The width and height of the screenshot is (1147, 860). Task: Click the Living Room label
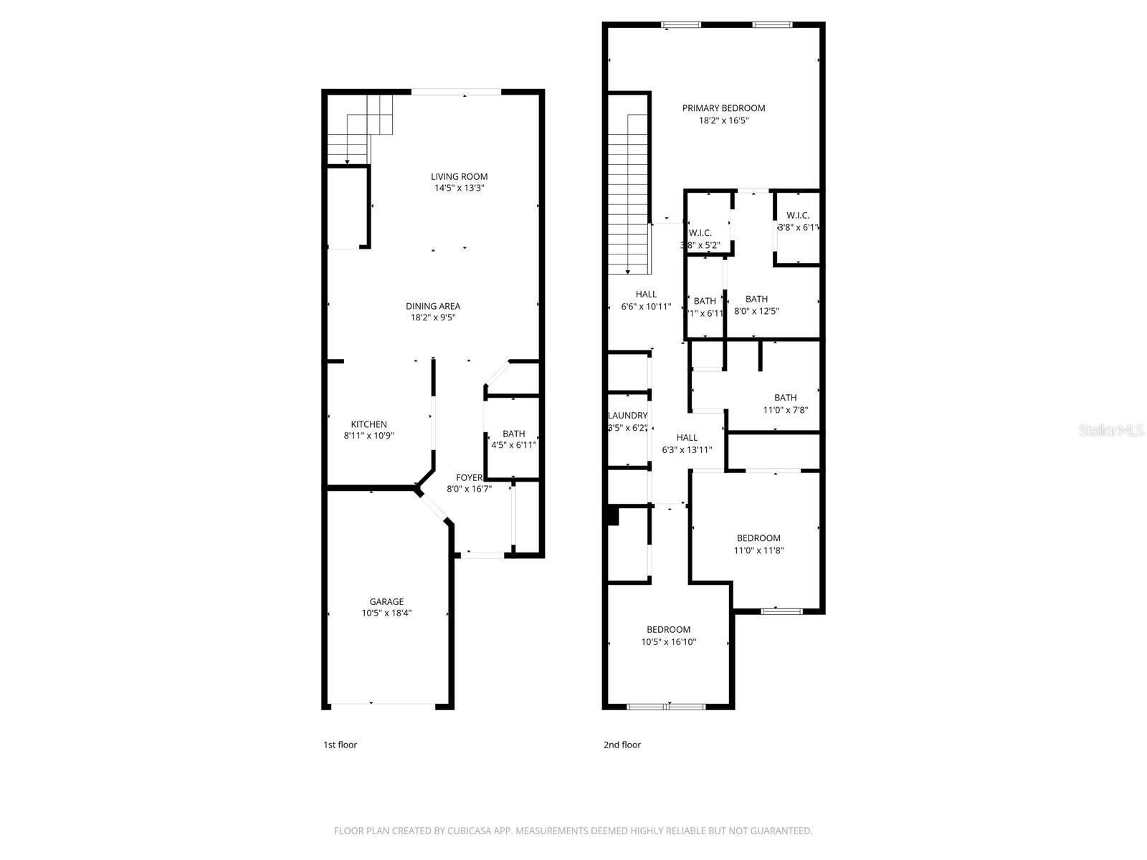(x=459, y=176)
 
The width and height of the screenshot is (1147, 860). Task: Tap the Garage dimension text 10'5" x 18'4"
(x=386, y=613)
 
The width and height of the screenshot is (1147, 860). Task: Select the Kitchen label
(x=368, y=424)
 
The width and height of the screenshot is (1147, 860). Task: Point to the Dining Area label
(x=433, y=306)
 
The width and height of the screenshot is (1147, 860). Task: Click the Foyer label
(x=470, y=477)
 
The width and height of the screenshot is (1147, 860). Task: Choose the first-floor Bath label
(x=513, y=434)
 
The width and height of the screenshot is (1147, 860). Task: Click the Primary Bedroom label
(x=723, y=108)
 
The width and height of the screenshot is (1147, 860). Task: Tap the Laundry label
(x=627, y=416)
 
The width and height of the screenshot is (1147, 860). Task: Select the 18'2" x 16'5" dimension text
(x=723, y=121)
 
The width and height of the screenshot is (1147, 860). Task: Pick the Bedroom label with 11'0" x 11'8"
(x=758, y=538)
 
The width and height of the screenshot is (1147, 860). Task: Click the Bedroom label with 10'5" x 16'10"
(x=668, y=630)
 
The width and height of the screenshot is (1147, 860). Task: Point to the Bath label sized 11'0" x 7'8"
(x=785, y=398)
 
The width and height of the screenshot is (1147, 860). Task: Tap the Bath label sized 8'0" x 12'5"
(x=756, y=299)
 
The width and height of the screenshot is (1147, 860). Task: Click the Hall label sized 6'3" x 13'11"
(x=687, y=438)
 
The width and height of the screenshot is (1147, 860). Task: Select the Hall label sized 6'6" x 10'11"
(x=646, y=294)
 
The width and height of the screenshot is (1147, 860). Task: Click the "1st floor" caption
(x=340, y=745)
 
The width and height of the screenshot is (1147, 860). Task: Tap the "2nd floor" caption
(x=622, y=745)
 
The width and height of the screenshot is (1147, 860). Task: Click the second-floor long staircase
(x=629, y=193)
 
